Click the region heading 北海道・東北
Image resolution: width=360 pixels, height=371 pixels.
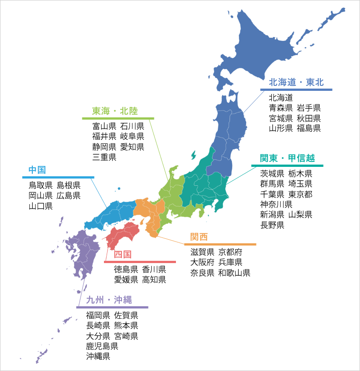(x=296, y=82)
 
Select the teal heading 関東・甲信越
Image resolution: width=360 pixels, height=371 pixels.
(x=287, y=158)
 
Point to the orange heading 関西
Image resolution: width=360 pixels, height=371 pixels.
(x=199, y=237)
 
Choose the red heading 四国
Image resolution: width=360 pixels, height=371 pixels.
(x=122, y=255)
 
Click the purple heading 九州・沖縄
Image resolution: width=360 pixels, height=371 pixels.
(x=108, y=300)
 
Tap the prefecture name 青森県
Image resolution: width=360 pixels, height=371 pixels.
(x=281, y=107)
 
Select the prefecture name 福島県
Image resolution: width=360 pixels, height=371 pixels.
(x=308, y=128)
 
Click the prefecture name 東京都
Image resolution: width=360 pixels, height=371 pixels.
(x=300, y=194)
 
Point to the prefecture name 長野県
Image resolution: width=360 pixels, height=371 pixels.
(x=272, y=225)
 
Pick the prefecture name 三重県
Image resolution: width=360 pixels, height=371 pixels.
(x=104, y=157)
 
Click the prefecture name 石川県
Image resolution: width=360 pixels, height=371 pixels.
(x=132, y=126)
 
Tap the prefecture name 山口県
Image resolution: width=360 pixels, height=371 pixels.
(x=40, y=206)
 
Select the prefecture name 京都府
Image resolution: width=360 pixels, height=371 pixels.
(x=230, y=252)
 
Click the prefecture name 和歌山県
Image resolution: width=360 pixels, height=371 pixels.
(x=234, y=273)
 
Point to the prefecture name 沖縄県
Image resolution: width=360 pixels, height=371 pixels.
(x=99, y=357)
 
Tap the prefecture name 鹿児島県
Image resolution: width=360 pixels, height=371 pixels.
(x=102, y=346)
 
